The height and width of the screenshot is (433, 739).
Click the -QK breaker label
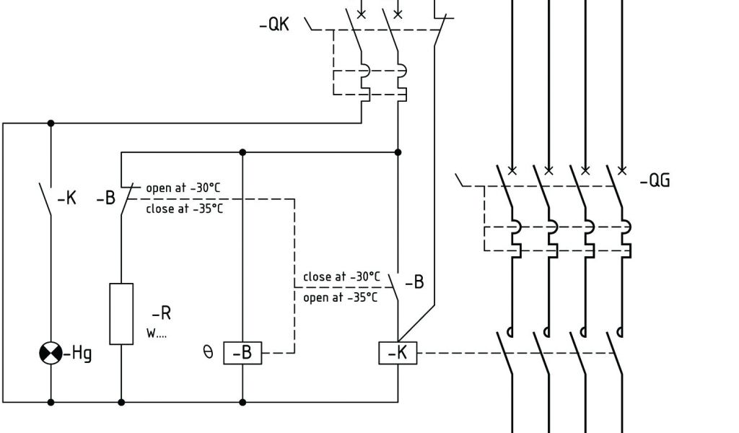tap(274, 25)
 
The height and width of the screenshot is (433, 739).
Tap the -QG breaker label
tap(655, 180)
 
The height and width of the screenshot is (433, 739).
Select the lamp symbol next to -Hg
tap(51, 354)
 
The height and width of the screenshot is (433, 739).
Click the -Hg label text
tap(79, 354)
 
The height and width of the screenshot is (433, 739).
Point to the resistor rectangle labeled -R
tap(121, 313)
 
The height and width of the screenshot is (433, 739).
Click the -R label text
tap(161, 314)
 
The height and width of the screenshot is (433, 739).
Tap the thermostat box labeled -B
tap(242, 354)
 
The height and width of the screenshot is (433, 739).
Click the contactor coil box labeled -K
tap(398, 353)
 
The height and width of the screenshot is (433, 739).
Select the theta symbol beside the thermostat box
tap(209, 353)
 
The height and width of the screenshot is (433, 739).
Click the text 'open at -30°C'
tap(183, 188)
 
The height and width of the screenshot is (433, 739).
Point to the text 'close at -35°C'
tap(184, 209)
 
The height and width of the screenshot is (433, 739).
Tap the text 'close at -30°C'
tap(341, 276)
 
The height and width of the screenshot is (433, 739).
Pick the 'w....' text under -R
tap(156, 334)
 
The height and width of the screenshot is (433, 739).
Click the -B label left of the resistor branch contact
tap(106, 198)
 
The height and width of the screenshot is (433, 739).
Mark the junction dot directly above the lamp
tap(51, 123)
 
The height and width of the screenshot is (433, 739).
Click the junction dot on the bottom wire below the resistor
tap(121, 402)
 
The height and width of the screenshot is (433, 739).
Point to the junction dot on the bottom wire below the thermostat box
tap(242, 402)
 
